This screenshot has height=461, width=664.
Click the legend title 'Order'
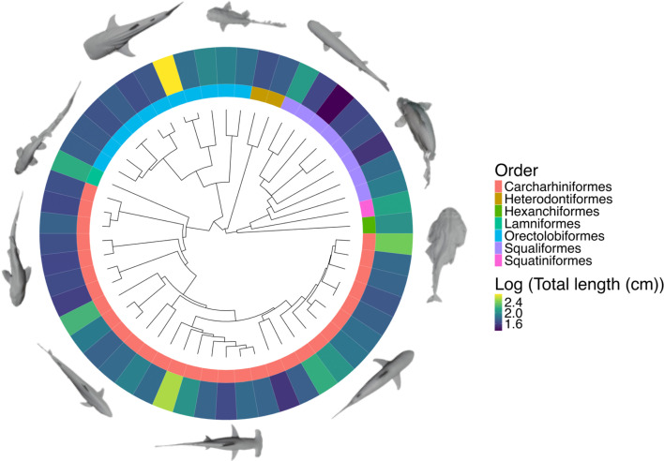(526, 170)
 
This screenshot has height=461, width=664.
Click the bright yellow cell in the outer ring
(166, 70)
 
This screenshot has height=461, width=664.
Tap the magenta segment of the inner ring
(367, 207)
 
